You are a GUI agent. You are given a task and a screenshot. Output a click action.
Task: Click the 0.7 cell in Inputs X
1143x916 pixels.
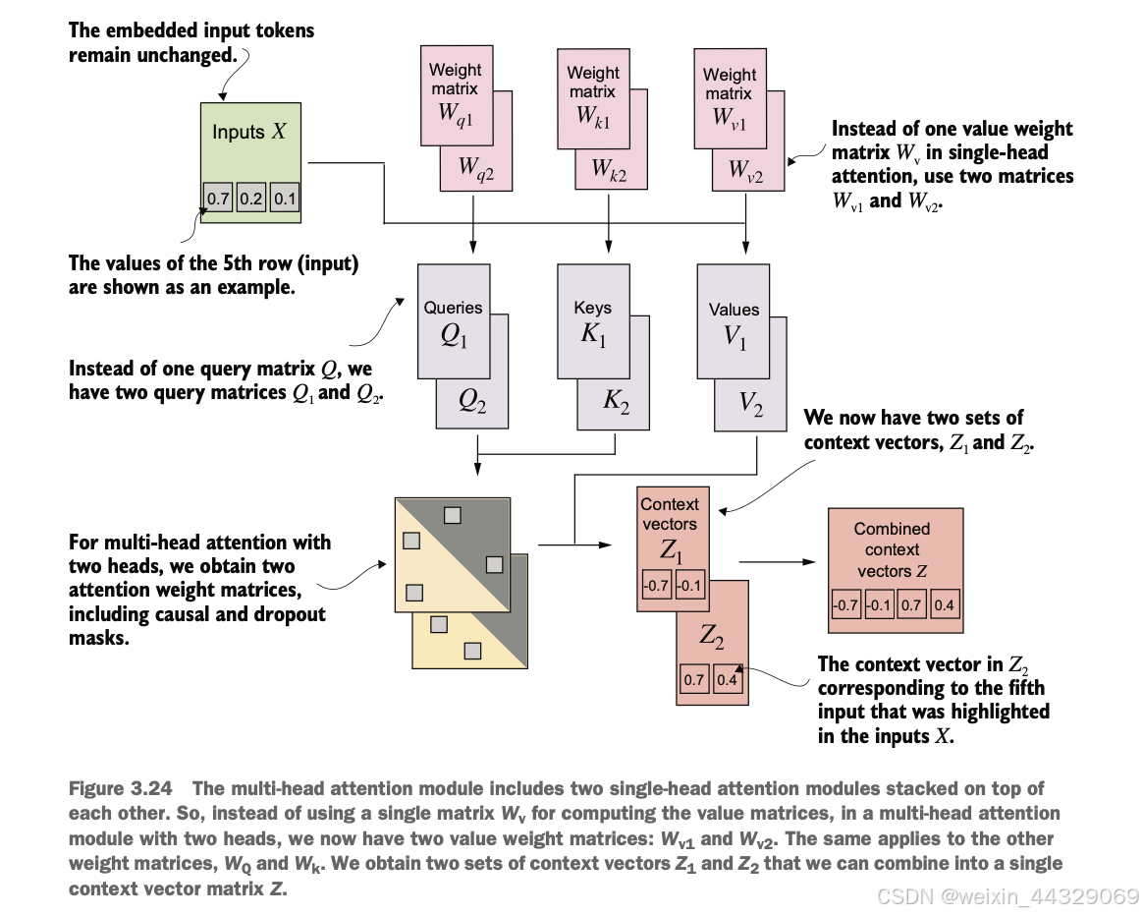tap(217, 198)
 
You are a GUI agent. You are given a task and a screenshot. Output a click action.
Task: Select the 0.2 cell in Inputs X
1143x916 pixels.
tap(250, 198)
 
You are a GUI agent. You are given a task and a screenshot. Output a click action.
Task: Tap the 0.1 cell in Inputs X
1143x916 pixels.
tap(285, 198)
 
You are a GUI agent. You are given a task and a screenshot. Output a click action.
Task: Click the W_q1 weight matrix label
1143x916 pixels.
tap(456, 114)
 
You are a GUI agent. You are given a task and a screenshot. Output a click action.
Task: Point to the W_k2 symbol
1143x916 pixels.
tap(609, 169)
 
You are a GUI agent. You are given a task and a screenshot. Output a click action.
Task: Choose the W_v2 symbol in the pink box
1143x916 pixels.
tap(745, 171)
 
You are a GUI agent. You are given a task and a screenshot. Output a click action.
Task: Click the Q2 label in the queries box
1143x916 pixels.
tap(472, 401)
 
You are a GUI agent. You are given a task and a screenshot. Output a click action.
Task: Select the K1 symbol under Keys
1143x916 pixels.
tap(593, 334)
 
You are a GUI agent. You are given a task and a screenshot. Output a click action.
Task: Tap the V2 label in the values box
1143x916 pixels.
tap(751, 403)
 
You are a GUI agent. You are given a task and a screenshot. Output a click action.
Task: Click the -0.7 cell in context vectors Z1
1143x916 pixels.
tap(656, 585)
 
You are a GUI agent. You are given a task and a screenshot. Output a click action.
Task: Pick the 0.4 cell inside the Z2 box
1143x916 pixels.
tap(727, 679)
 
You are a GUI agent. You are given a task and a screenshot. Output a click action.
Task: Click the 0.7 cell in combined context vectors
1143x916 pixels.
tap(911, 604)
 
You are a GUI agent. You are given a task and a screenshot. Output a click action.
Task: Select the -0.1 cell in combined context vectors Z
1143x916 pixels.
tap(879, 604)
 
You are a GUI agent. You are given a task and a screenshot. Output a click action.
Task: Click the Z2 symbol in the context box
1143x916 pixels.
tap(712, 636)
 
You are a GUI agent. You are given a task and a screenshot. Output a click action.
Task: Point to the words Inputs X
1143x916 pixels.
tap(249, 132)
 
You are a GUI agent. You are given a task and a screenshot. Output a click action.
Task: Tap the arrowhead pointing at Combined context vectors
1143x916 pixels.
tap(808, 562)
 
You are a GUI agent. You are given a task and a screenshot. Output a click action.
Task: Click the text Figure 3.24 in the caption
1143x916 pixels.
tap(120, 788)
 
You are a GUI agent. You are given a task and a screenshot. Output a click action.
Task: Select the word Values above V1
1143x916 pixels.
tap(735, 310)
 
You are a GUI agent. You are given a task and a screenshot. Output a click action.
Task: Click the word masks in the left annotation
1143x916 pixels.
tap(99, 638)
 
